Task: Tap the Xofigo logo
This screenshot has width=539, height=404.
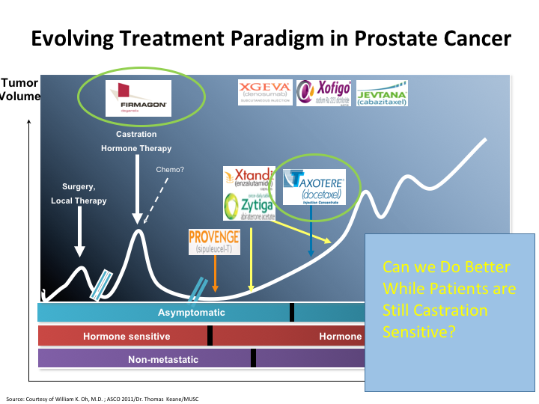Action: click(323, 94)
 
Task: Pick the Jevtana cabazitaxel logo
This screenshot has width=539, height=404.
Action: click(382, 94)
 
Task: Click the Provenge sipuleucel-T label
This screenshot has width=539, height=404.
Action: click(214, 242)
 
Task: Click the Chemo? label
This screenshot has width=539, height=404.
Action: click(170, 169)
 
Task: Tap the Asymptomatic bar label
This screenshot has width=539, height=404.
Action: click(191, 313)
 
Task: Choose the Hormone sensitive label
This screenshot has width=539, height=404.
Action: click(127, 336)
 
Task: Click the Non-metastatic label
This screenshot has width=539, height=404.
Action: click(163, 359)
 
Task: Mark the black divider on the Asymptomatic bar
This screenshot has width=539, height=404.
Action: click(292, 313)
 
